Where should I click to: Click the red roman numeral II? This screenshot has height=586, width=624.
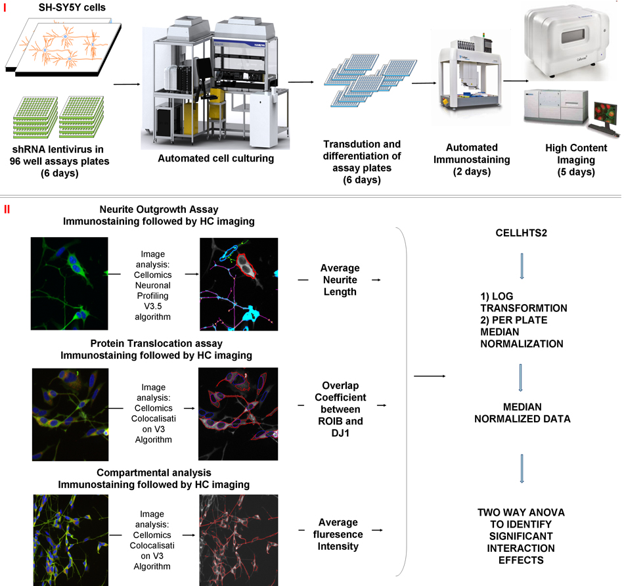pos(7,210)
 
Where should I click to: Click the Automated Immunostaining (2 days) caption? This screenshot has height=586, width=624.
pos(472,160)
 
